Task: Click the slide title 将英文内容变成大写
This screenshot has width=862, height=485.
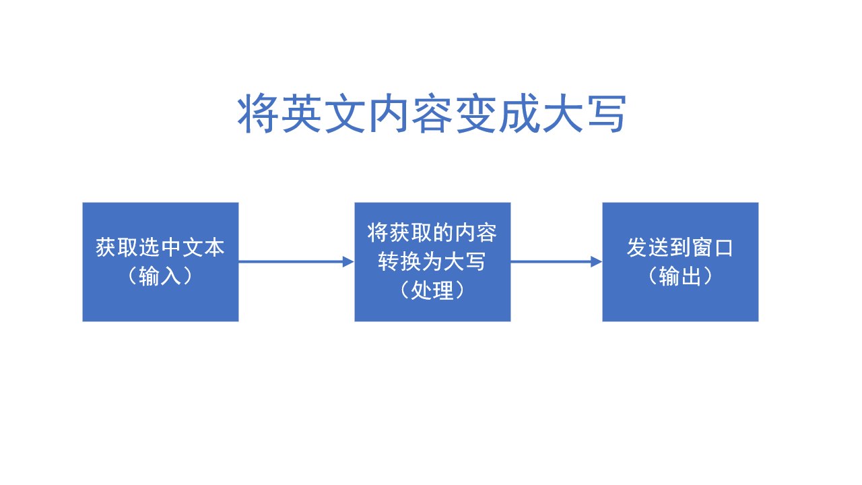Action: (432, 115)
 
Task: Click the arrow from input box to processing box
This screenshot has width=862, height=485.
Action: (290, 261)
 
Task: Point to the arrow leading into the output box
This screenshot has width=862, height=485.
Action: (549, 261)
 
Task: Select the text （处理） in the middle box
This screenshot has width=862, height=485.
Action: (432, 290)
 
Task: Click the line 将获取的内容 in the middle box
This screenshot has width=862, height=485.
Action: (432, 232)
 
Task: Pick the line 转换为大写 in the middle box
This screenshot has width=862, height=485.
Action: (432, 261)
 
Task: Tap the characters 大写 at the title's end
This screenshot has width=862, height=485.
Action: (585, 115)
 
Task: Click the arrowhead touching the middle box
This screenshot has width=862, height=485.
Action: (349, 261)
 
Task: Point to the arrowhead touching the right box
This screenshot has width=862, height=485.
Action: (597, 261)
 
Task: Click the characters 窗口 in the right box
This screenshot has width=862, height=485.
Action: (712, 247)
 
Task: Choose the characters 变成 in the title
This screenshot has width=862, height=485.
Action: (497, 115)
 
